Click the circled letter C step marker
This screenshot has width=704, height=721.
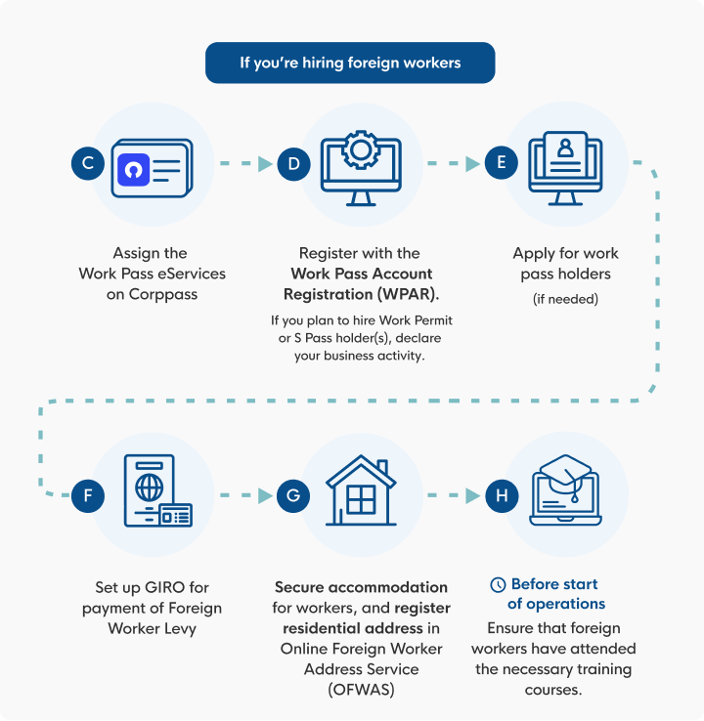click(x=88, y=163)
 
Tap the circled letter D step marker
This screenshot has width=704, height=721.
click(x=294, y=164)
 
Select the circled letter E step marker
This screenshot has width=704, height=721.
click(x=502, y=163)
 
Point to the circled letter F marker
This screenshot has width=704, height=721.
click(x=88, y=495)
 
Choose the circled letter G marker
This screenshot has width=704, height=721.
click(x=293, y=495)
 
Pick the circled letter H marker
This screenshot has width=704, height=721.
click(x=502, y=495)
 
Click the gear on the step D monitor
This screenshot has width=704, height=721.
click(x=361, y=149)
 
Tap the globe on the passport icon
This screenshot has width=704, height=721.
click(x=149, y=488)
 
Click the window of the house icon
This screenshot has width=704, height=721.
click(x=361, y=499)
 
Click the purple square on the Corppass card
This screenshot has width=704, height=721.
click(x=133, y=170)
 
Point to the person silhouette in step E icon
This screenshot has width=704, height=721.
click(x=565, y=148)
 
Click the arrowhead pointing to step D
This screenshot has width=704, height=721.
click(x=265, y=164)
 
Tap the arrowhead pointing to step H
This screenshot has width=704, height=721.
click(x=472, y=495)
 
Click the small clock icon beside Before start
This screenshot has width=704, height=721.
click(x=498, y=585)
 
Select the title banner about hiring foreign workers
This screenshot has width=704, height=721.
click(x=350, y=63)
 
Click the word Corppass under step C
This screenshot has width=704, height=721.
click(x=163, y=294)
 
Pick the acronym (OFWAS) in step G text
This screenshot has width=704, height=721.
click(x=361, y=690)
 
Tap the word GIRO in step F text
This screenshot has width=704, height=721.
click(x=164, y=587)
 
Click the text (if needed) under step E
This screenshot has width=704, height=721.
click(x=565, y=299)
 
